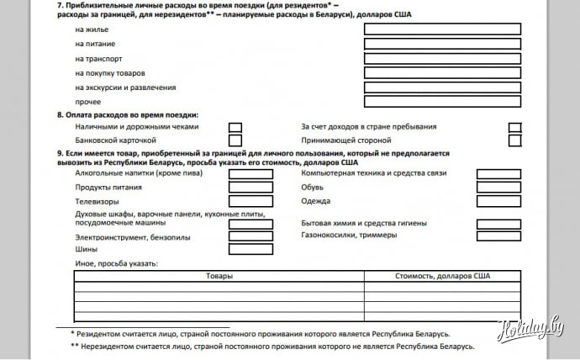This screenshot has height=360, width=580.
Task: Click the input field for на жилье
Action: click(x=442, y=29)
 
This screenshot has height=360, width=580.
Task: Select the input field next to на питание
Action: click(x=442, y=44)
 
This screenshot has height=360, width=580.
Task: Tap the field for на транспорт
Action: click(x=442, y=58)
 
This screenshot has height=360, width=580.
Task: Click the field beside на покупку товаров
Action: click(x=442, y=73)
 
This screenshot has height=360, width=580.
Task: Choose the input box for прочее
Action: click(x=442, y=102)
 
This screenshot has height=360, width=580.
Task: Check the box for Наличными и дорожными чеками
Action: click(x=235, y=127)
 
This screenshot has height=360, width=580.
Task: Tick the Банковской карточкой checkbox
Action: click(x=235, y=140)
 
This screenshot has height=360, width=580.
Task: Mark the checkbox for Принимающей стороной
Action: click(x=514, y=140)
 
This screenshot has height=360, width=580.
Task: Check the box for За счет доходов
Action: click(x=514, y=127)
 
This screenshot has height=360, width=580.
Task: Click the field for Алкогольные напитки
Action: click(x=250, y=174)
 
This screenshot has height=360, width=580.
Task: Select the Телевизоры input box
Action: click(x=250, y=202)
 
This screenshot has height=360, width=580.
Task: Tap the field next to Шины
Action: click(x=250, y=249)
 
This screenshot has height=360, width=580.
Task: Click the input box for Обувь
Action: click(x=498, y=188)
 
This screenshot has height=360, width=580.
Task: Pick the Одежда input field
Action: click(x=498, y=202)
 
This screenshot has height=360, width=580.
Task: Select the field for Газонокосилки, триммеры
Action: click(x=498, y=237)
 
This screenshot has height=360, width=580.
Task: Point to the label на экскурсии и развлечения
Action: click(x=125, y=87)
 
